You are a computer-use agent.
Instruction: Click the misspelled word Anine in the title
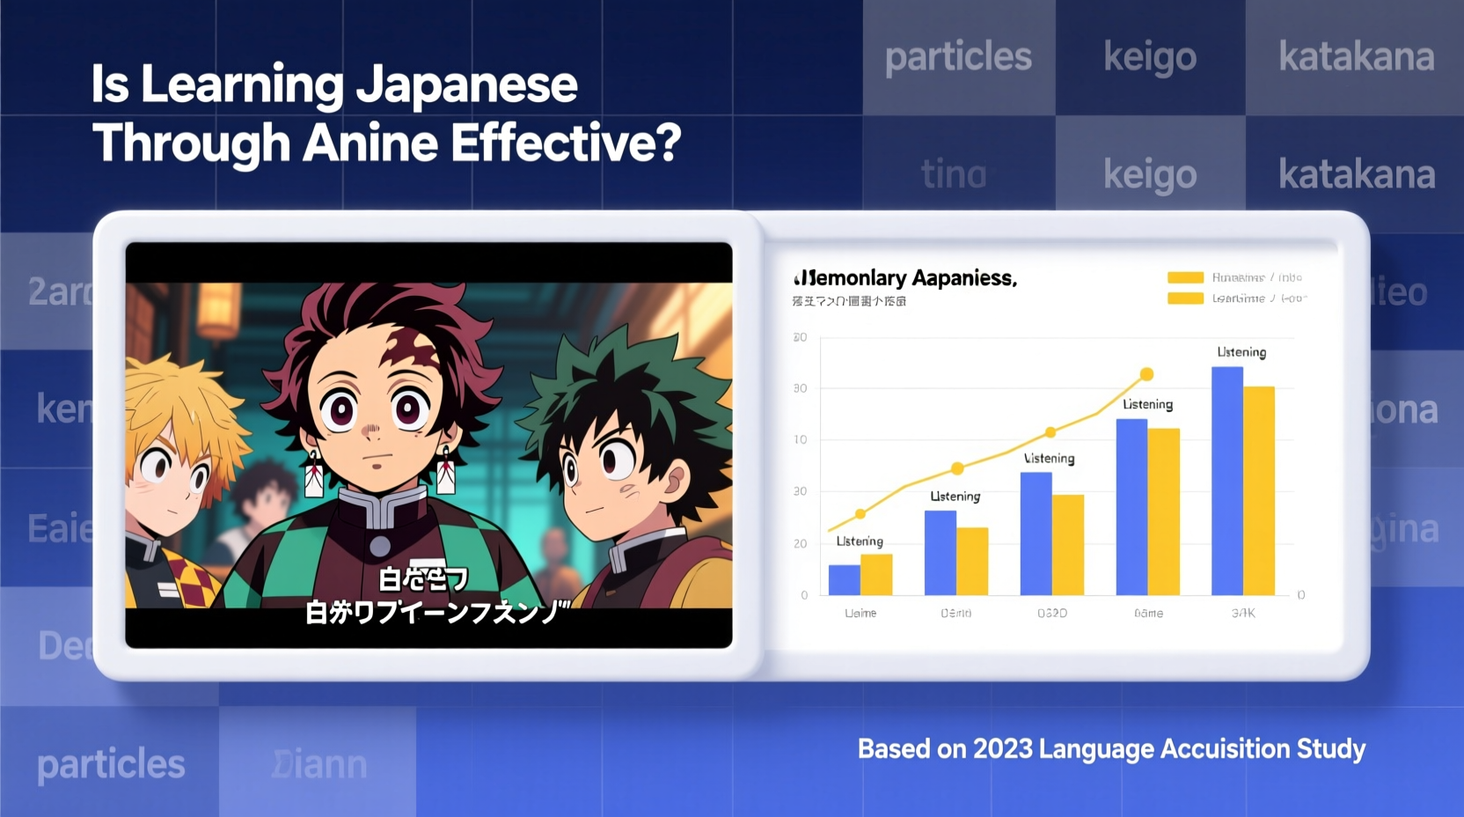370,144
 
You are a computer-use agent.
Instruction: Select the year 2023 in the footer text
1002,749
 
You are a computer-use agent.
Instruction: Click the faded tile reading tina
954,174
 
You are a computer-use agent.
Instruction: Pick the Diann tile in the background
318,764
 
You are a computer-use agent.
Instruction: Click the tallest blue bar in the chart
1226,480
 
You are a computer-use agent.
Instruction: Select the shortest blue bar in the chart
844,579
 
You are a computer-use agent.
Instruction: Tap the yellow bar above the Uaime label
876,574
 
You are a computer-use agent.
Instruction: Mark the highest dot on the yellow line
1146,374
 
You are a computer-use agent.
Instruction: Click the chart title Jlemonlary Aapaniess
905,278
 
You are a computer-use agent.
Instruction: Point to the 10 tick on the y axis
801,439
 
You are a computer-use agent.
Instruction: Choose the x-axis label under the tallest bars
1243,613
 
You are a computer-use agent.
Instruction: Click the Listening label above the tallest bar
1241,352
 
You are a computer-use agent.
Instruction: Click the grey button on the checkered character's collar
380,546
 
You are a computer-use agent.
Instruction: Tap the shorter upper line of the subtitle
423,579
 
